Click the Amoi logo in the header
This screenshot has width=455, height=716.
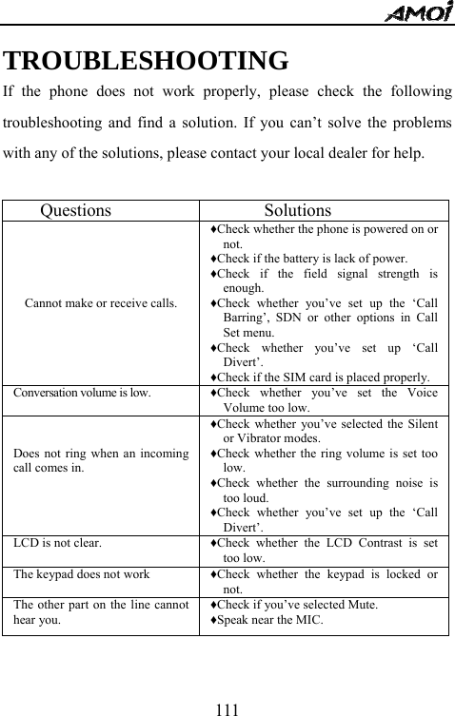[418, 13]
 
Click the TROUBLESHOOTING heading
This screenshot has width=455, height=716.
[147, 62]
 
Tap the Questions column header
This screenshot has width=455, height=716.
[75, 211]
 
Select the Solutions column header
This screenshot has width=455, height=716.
[297, 211]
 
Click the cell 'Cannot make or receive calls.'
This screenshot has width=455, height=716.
[100, 304]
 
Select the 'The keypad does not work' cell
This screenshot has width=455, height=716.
[81, 574]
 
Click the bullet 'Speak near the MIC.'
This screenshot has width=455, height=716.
[268, 620]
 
